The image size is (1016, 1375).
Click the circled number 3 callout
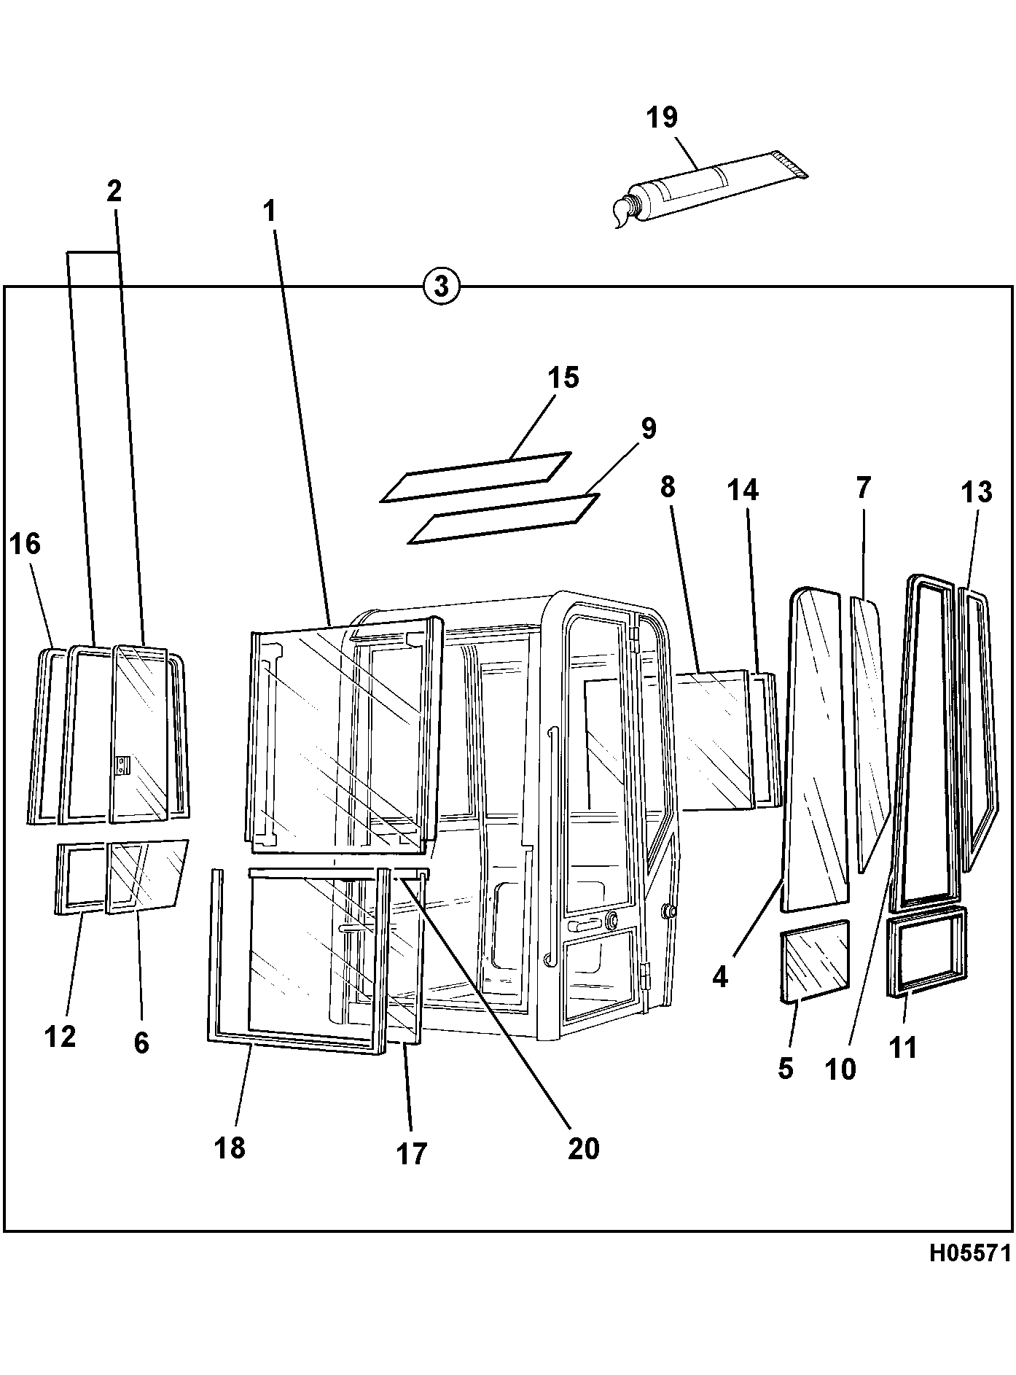pos(441,285)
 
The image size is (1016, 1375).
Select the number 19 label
pos(662,117)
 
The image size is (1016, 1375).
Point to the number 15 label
pos(563,378)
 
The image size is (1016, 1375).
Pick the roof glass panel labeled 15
pos(475,477)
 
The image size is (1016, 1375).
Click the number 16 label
pos(26,544)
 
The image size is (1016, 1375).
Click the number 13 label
pos(977,493)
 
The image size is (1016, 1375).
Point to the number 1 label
pos(270,211)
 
